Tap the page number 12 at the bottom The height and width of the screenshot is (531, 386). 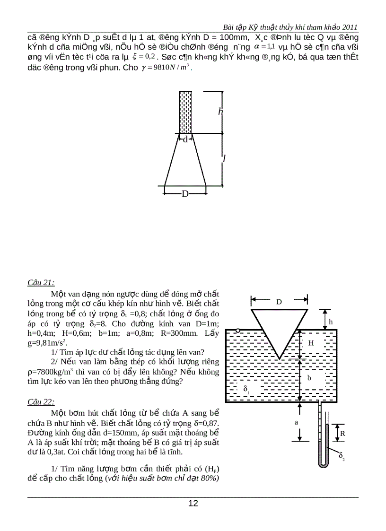coord(193,503)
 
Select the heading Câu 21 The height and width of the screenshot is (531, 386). coord(41,283)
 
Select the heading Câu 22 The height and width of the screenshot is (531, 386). coord(41,402)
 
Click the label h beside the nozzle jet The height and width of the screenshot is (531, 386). coord(220,112)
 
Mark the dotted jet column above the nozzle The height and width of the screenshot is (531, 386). coord(185,112)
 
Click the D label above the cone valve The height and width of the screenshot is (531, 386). coord(279,302)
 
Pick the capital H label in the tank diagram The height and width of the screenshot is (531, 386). coord(311,343)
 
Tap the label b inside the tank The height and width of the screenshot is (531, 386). coord(309,378)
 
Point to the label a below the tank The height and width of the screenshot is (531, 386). coord(297,422)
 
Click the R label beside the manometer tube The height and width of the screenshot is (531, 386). coord(342,433)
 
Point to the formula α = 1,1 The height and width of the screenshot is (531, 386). coord(264,46)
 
